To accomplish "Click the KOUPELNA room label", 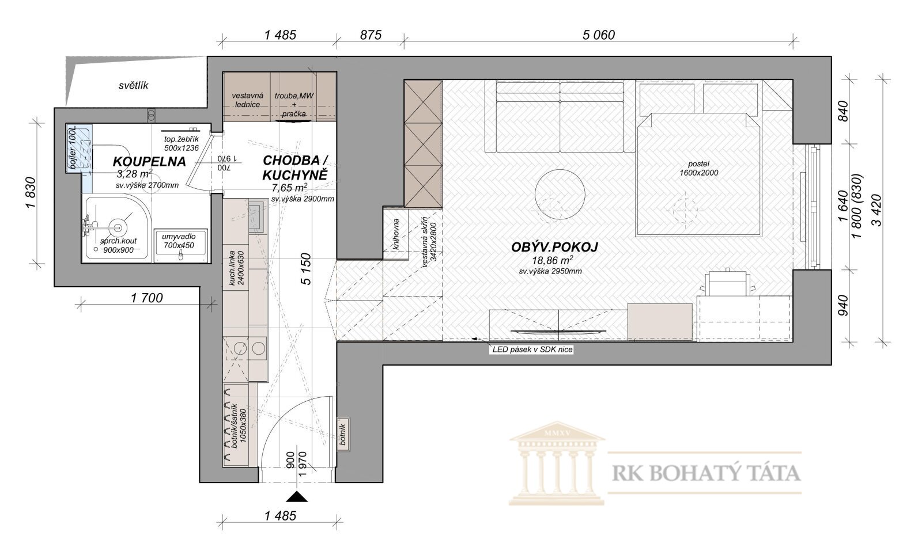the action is [149, 162].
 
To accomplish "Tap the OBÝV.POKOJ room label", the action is [554, 247].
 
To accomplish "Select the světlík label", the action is [133, 86].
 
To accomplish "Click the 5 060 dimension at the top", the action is [599, 35].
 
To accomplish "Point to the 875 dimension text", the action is [371, 35].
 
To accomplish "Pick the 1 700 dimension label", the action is [146, 298].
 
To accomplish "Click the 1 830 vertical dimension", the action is [31, 192].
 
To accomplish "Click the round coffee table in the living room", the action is [560, 195].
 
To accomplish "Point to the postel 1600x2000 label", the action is [698, 168].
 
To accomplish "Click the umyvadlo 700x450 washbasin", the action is [181, 246].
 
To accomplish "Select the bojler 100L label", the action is [73, 148].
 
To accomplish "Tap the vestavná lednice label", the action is [247, 100].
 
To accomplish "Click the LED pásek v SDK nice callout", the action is [532, 349].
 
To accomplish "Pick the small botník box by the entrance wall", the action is [343, 435].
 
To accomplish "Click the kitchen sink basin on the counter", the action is [256, 216].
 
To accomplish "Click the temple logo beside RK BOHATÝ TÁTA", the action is [557, 463].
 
